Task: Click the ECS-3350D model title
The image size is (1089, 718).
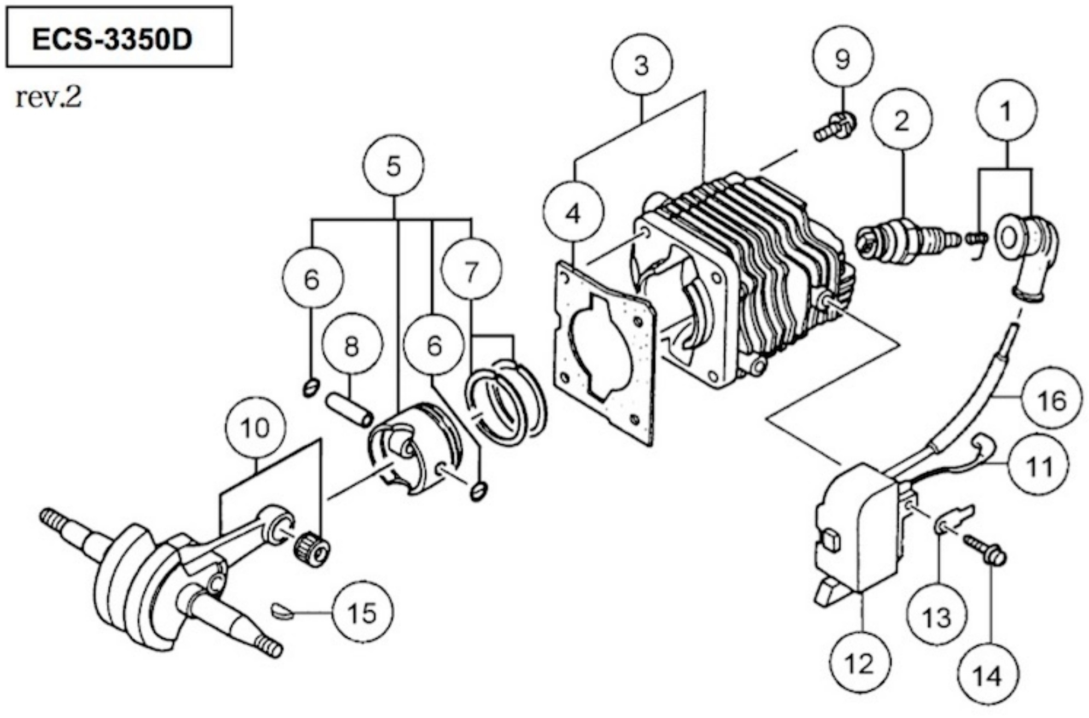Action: (112, 39)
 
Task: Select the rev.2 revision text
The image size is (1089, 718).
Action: (49, 98)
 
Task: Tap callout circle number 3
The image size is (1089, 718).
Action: (642, 65)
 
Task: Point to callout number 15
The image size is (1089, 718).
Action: (362, 613)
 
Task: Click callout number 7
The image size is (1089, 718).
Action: (471, 270)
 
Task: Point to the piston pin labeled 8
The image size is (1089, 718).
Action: (350, 410)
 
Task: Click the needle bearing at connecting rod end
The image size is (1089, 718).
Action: (313, 548)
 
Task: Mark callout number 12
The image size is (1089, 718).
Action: (859, 664)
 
